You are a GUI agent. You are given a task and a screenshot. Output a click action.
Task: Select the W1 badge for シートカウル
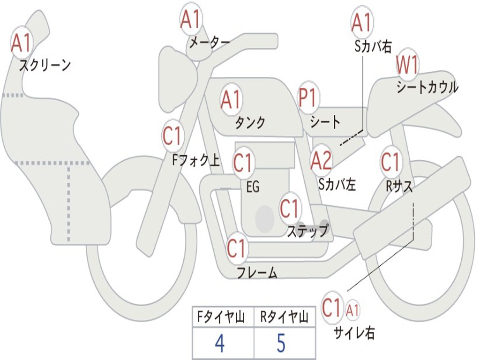pos(407,65)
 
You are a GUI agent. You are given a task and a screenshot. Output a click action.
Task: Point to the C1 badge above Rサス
pos(390,162)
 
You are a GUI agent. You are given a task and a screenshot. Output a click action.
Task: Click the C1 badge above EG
pos(242,163)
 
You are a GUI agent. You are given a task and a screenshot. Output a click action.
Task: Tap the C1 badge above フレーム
pos(237,248)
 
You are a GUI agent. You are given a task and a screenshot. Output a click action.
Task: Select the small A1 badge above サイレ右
pos(352,310)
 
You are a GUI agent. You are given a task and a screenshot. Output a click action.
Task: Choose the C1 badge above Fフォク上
pos(172,135)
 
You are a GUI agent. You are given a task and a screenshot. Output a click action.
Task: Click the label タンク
pos(250,122)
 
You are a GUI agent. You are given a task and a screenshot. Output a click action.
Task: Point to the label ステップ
pos(307,231)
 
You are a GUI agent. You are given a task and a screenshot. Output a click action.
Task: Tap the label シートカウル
pos(427,87)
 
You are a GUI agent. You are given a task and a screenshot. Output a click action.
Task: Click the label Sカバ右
pos(373,46)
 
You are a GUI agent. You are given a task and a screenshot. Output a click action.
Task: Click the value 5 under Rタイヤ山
pos(281,342)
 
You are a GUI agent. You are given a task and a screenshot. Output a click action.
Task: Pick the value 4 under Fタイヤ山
pos(219,343)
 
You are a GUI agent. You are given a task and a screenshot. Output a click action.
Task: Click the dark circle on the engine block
pos(265,218)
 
